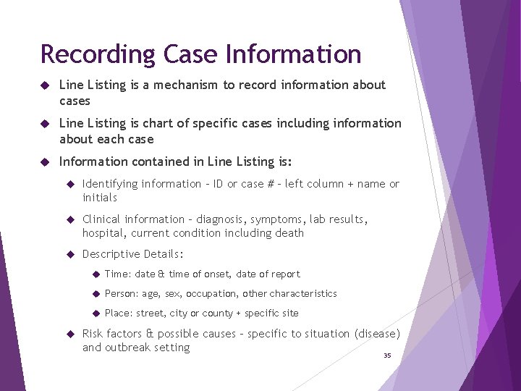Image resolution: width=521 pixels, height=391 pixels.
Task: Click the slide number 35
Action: coord(387,356)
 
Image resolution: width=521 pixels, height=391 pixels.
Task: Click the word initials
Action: coord(100,198)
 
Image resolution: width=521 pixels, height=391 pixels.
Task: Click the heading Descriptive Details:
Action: coord(133,254)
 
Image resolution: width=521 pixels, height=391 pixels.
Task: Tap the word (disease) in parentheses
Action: coord(377,334)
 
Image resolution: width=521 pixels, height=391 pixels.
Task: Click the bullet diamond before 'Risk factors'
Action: coord(72,334)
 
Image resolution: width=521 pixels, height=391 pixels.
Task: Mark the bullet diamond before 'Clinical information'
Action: coord(72,219)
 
